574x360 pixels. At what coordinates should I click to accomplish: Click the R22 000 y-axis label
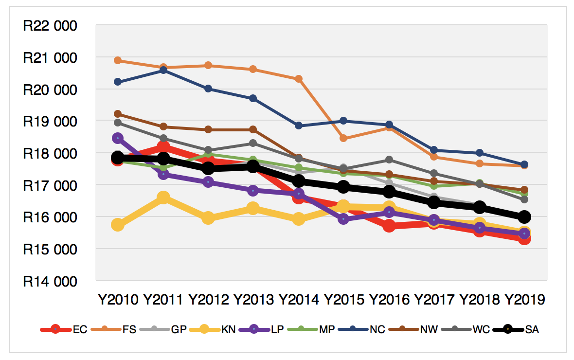pyautogui.click(x=50, y=26)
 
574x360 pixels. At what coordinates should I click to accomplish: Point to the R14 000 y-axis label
pyautogui.click(x=50, y=282)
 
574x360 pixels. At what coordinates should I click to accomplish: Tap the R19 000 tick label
pyautogui.click(x=50, y=122)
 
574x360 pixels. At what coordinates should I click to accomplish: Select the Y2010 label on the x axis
pyautogui.click(x=118, y=299)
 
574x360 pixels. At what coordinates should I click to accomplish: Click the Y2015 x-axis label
pyautogui.click(x=343, y=299)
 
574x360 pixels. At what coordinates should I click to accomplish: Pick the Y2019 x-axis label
pyautogui.click(x=524, y=299)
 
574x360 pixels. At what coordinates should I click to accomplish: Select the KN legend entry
pyautogui.click(x=228, y=329)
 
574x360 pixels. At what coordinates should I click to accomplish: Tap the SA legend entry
pyautogui.click(x=532, y=329)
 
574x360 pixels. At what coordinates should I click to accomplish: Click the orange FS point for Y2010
pyautogui.click(x=118, y=60)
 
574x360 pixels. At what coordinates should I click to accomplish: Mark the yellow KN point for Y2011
pyautogui.click(x=163, y=198)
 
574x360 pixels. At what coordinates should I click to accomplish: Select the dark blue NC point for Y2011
pyautogui.click(x=163, y=70)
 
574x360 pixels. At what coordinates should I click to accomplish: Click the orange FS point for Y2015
pyautogui.click(x=343, y=138)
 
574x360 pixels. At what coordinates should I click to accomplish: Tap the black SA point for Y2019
pyautogui.click(x=524, y=216)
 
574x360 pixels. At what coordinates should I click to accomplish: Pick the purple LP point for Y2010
pyautogui.click(x=118, y=139)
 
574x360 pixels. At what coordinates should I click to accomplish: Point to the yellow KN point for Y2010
pyautogui.click(x=118, y=224)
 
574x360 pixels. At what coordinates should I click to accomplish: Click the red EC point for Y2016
pyautogui.click(x=389, y=226)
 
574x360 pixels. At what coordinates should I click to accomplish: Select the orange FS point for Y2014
pyautogui.click(x=299, y=79)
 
